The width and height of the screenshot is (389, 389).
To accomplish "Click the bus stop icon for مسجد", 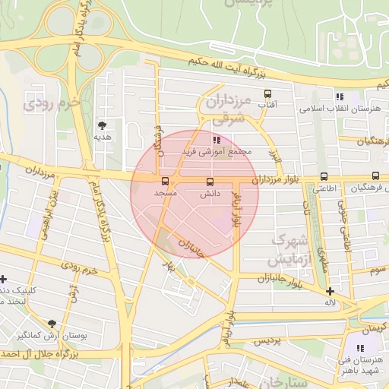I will tap(166, 181).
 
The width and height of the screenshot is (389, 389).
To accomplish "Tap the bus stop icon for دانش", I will tap(210, 182).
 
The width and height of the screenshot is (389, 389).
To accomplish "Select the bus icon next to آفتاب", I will tap(267, 94).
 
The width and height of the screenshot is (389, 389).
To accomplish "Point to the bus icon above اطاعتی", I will tap(324, 176).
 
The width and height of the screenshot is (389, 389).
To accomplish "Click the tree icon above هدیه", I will tap(103, 125).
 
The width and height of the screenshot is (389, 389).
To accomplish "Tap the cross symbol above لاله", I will tap(330, 291).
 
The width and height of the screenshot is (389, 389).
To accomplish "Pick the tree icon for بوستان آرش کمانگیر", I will tap(52, 323).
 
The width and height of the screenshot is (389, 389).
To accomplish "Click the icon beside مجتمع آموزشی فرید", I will tap(217, 140).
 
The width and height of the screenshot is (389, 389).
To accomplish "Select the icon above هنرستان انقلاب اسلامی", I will tap(340, 96).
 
